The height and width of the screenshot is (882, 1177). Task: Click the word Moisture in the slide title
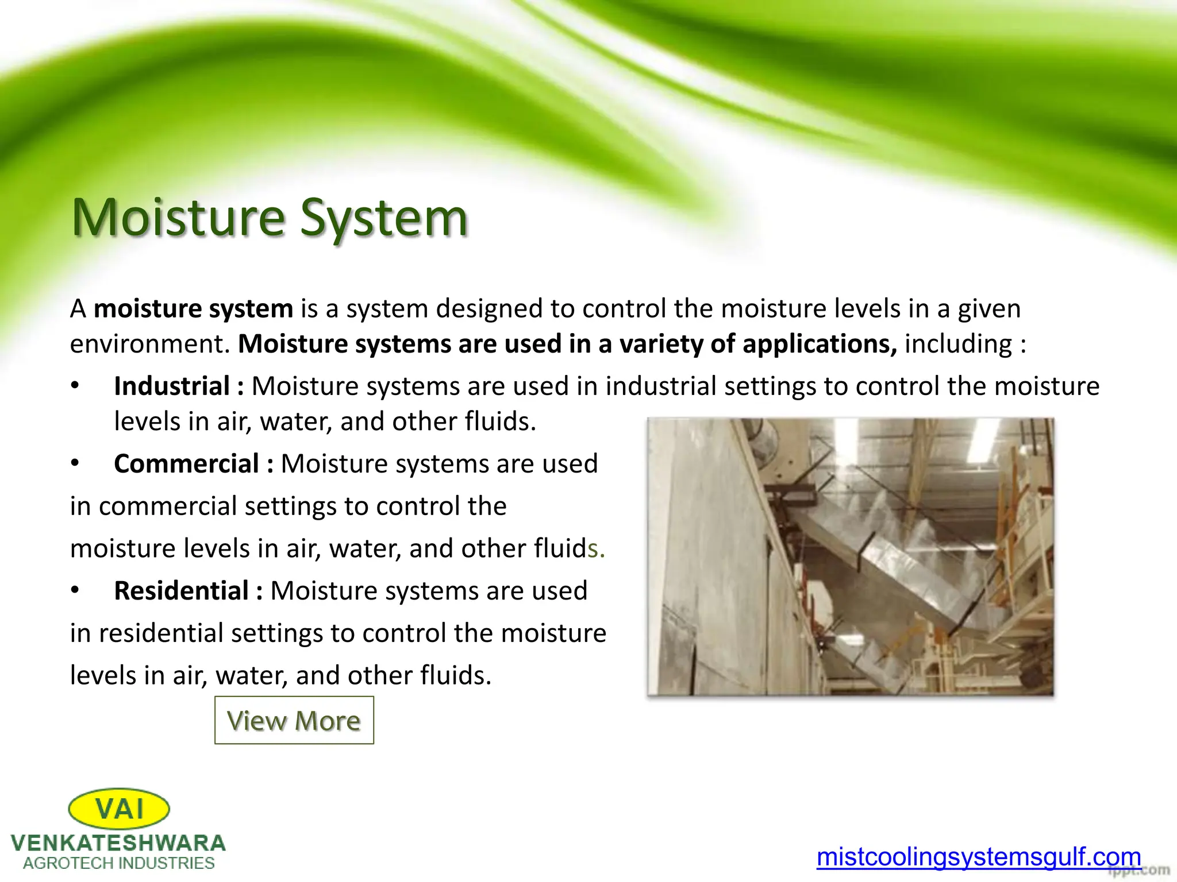(178, 218)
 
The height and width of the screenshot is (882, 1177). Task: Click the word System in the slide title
(383, 218)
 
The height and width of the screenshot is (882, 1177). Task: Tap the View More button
(294, 720)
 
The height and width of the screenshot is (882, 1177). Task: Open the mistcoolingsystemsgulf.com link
(978, 857)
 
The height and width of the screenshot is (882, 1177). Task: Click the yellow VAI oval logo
(119, 809)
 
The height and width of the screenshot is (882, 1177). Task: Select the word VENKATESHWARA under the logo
(118, 843)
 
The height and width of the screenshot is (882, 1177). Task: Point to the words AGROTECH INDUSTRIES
(118, 863)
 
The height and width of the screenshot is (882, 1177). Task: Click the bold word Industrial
(172, 386)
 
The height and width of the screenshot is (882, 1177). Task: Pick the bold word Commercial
(187, 463)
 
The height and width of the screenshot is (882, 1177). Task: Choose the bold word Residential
(182, 591)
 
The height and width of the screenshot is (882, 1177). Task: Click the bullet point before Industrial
(75, 386)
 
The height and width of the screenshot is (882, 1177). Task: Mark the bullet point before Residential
(75, 591)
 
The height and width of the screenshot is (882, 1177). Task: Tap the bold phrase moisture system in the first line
(193, 309)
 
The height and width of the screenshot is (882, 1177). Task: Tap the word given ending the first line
(988, 309)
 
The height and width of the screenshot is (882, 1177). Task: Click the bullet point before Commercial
(75, 463)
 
